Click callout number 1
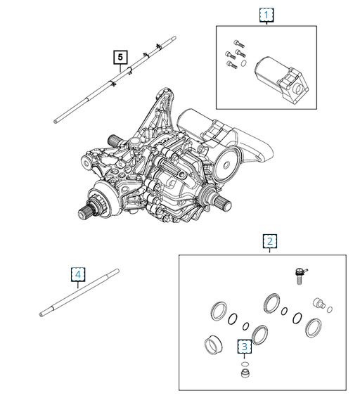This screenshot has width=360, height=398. [x=266, y=15]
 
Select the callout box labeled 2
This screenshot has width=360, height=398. [x=269, y=241]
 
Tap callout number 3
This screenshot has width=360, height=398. [x=245, y=347]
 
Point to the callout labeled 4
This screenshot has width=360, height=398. [x=78, y=274]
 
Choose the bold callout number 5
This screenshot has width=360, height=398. [x=120, y=58]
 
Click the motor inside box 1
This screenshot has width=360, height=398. [x=282, y=80]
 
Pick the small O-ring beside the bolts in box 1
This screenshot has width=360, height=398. [x=243, y=63]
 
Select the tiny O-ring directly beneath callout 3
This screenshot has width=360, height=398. [x=245, y=365]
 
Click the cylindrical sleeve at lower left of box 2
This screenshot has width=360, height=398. [x=213, y=345]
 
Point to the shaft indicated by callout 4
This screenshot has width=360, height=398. [x=79, y=293]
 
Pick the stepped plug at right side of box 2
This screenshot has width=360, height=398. [x=319, y=303]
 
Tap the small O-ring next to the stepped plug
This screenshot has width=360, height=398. [x=330, y=309]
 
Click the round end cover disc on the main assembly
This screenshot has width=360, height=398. [x=226, y=165]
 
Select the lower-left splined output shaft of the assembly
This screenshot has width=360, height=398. [x=88, y=210]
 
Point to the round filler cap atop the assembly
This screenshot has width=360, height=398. [x=134, y=143]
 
